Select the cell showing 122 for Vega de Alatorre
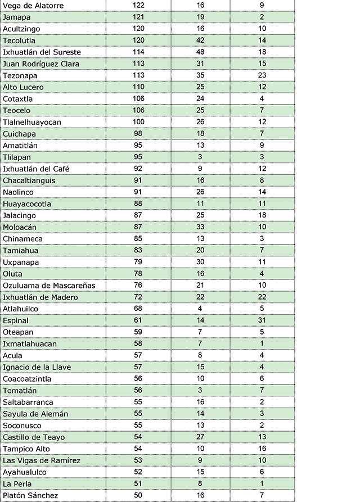[138, 5]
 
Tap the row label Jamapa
[17, 17]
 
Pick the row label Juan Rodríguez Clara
[41, 64]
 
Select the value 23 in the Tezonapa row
[262, 75]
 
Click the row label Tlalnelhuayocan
[32, 122]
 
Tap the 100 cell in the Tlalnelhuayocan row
[138, 122]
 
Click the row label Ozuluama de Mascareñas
[49, 286]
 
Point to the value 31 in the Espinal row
[262, 320]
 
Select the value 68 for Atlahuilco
[138, 309]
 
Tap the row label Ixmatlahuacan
[30, 343]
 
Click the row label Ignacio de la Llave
[37, 367]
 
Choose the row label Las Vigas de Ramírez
[42, 460]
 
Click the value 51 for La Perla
[138, 483]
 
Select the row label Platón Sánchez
[30, 495]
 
